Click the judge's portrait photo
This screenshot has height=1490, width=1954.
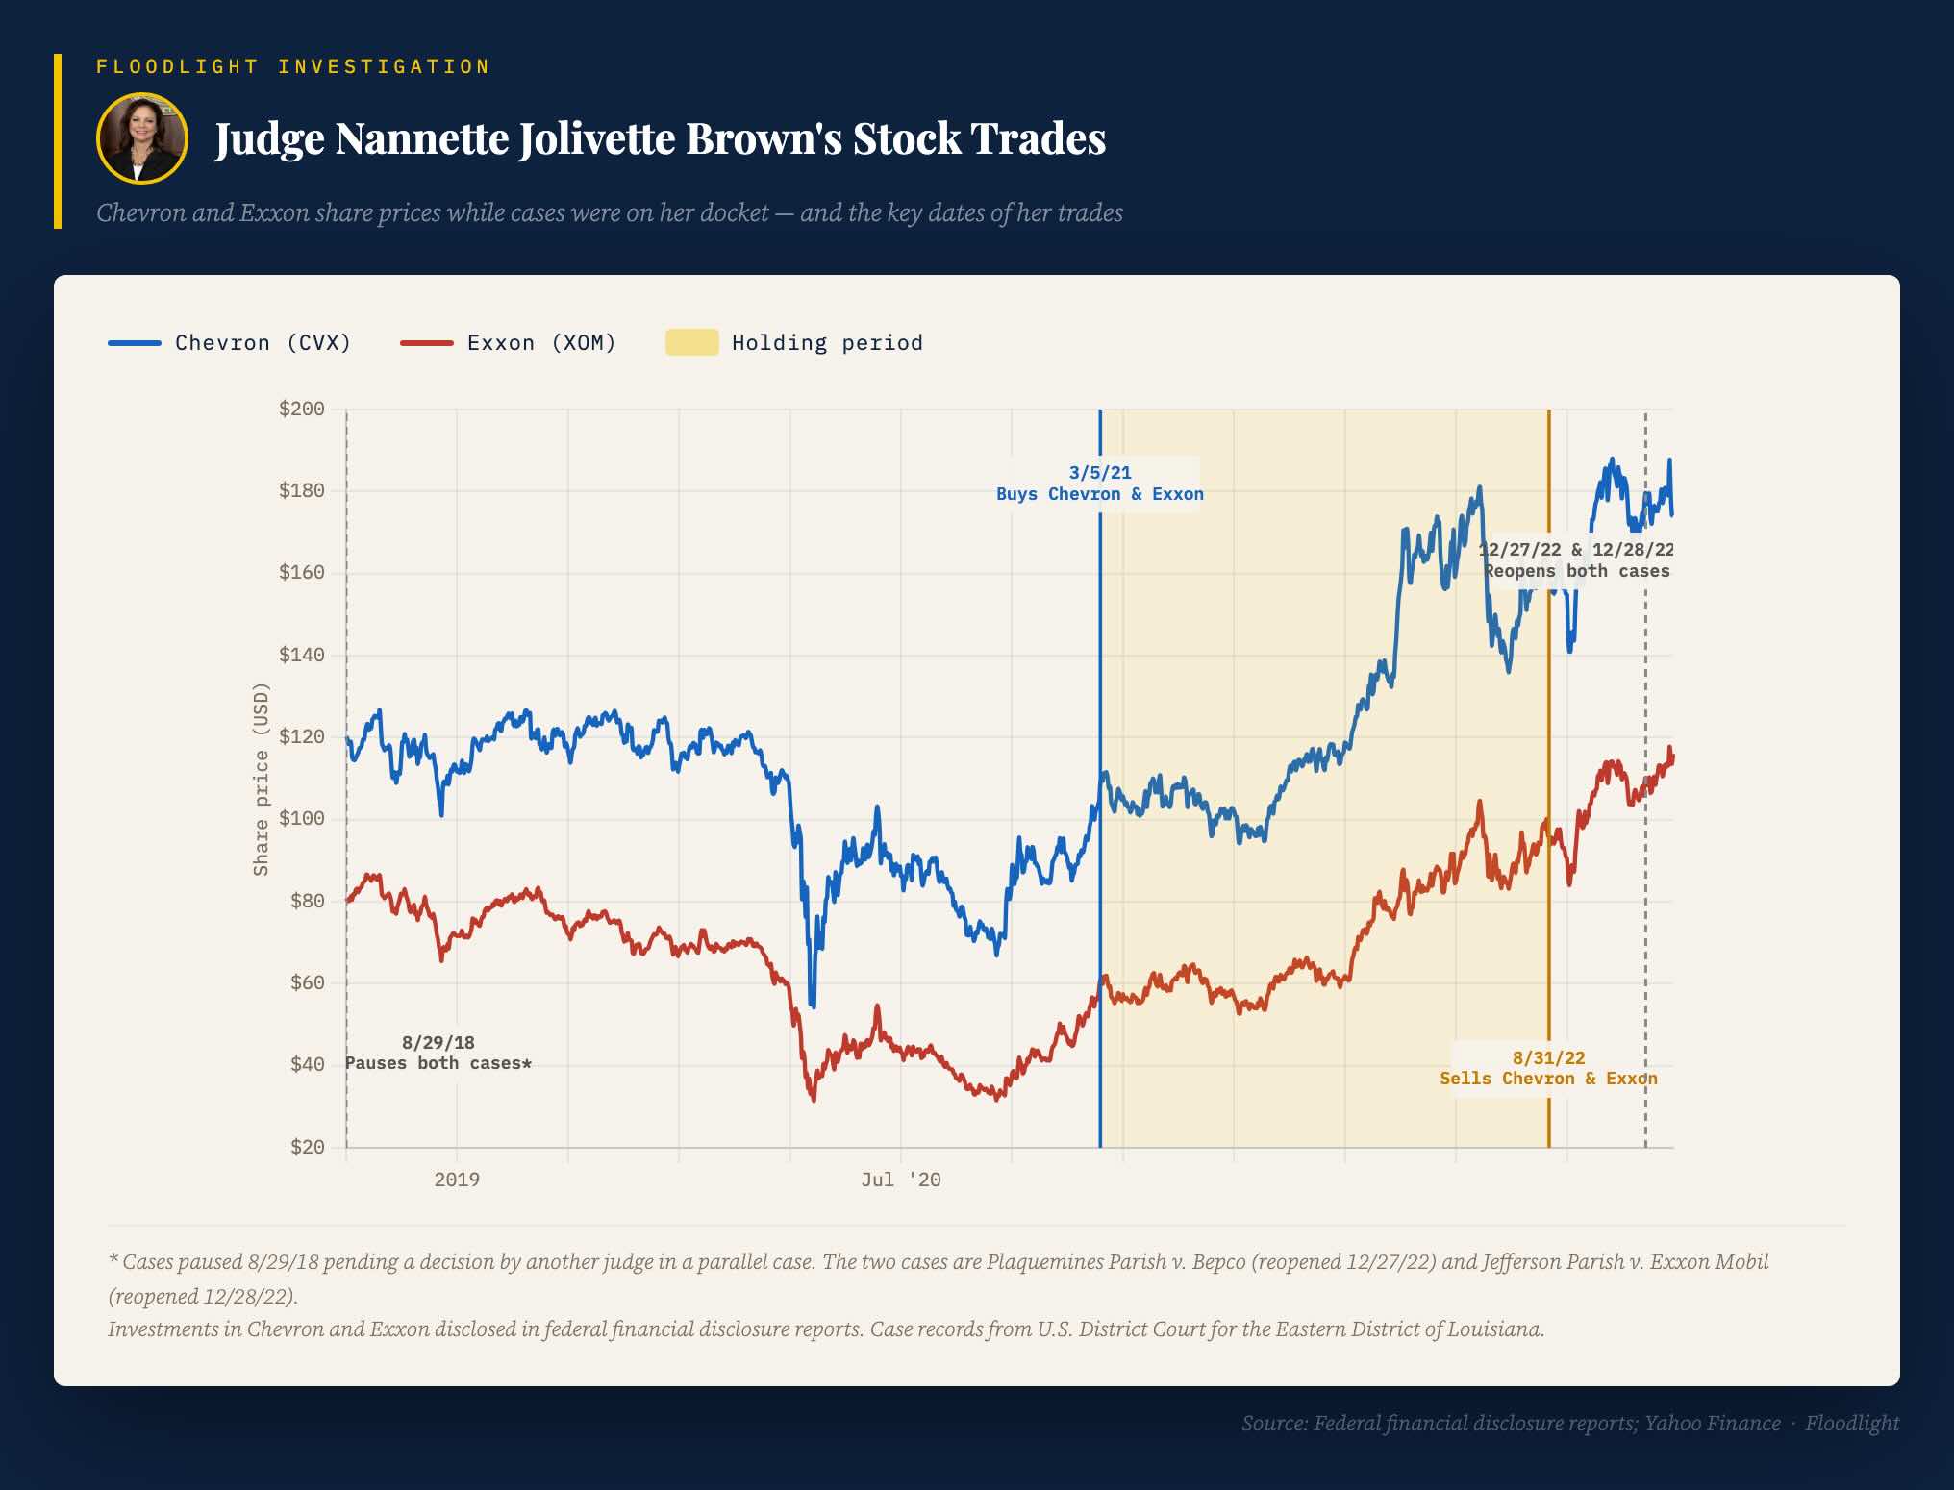[x=141, y=138]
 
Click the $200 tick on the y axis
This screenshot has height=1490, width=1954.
[x=301, y=410]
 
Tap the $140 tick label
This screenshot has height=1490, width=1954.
[x=301, y=656]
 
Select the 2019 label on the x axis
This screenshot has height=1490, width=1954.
[x=457, y=1180]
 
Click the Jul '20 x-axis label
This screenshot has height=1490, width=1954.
[x=901, y=1180]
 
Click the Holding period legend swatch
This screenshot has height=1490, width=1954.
[x=691, y=342]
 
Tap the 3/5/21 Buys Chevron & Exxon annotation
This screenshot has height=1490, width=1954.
[x=1100, y=484]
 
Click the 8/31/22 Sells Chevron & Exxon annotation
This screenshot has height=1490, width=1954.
[x=1548, y=1068]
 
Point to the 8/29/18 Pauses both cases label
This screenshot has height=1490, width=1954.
[x=438, y=1053]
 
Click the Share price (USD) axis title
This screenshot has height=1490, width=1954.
[x=261, y=779]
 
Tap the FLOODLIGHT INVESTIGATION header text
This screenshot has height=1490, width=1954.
[x=293, y=66]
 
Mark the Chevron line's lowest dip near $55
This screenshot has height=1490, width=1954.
[x=813, y=1005]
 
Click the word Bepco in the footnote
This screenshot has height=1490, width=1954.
[x=1215, y=1262]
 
